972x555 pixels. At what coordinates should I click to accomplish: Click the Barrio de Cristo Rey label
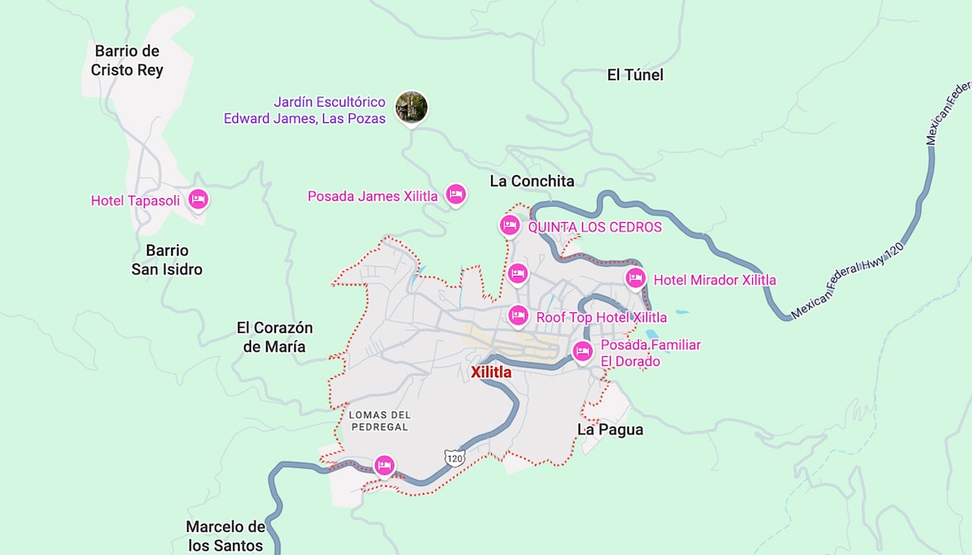pos(127,61)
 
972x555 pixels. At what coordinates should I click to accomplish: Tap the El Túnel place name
pos(635,75)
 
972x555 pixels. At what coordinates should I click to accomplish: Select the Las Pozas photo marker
pos(411,107)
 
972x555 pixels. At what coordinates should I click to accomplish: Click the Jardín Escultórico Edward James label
pos(305,111)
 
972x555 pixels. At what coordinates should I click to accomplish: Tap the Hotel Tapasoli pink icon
pos(198,199)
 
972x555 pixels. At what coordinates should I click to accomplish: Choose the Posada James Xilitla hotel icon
pos(455,194)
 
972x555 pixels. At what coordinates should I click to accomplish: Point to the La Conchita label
pos(531,181)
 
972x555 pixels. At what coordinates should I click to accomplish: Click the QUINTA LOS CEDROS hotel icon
pos(509,225)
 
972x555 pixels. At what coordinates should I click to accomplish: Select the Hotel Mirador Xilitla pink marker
pos(635,278)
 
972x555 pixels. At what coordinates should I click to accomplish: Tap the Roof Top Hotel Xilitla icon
pos(517,315)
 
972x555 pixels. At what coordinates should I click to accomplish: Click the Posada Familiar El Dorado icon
pos(583,351)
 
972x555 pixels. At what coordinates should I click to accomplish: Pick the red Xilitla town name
pos(491,372)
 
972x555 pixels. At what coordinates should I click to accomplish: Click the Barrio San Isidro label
pos(167,259)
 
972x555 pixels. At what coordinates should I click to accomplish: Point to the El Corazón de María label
pos(274,337)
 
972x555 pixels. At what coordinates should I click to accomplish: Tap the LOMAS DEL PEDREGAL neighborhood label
pos(379,420)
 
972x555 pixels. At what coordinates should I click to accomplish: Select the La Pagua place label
pos(610,429)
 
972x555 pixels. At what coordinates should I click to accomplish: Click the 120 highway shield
pos(454,457)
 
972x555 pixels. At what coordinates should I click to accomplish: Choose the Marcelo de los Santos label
pos(225,536)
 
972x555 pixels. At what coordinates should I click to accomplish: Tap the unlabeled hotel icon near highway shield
pos(384,465)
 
